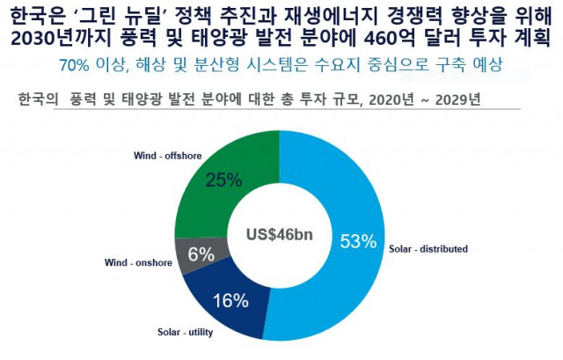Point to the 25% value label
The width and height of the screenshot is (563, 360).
click(x=223, y=180)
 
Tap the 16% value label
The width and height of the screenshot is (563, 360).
click(x=230, y=301)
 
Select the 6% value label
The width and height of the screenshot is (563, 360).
click(x=201, y=255)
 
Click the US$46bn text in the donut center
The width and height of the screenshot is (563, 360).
click(x=280, y=235)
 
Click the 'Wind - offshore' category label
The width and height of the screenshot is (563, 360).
click(x=166, y=156)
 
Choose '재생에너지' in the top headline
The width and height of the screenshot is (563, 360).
click(x=326, y=15)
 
